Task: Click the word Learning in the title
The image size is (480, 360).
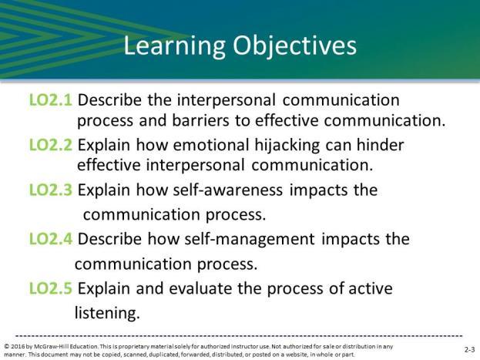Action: (174, 46)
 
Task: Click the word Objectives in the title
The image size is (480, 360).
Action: (294, 46)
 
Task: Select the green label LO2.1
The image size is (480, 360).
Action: (51, 100)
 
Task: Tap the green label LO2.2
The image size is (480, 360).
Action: (51, 145)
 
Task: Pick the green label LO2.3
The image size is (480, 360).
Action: (51, 190)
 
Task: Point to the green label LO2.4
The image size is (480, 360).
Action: (51, 239)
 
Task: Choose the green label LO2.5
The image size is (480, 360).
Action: (51, 288)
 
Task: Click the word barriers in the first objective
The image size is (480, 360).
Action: (200, 120)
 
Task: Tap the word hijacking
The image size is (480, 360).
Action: (287, 146)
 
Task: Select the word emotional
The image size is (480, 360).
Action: (211, 145)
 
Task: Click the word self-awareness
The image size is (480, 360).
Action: (228, 190)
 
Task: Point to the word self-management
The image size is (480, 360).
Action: (250, 239)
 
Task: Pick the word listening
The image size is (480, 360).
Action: (107, 313)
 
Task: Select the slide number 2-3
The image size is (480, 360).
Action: (469, 349)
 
